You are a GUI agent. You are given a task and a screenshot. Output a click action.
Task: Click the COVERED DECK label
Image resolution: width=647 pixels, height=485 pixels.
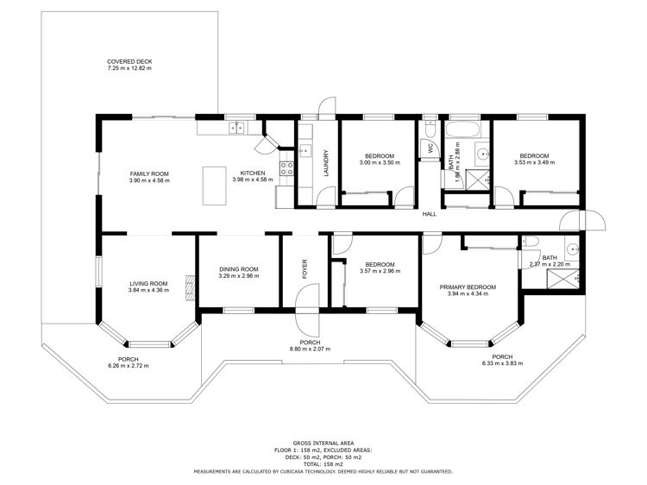[x=129, y=61]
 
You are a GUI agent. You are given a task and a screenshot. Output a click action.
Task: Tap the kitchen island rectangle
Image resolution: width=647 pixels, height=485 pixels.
[x=214, y=186]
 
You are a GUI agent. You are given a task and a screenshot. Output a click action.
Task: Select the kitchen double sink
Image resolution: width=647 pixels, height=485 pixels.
[x=237, y=128]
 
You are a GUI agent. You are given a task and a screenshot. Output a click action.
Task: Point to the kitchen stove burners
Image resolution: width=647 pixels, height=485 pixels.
[x=286, y=168]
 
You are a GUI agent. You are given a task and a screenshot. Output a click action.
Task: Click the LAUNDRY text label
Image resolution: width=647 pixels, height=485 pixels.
[x=326, y=163]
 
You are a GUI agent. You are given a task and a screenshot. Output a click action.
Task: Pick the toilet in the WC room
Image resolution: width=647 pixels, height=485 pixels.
[x=430, y=129]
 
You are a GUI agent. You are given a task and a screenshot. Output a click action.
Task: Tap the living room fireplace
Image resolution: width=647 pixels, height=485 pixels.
[x=190, y=287]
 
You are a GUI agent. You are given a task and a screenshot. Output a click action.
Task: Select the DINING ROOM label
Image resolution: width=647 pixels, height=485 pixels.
[x=239, y=269]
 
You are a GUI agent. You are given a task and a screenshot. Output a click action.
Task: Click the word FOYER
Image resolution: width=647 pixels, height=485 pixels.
[x=305, y=268]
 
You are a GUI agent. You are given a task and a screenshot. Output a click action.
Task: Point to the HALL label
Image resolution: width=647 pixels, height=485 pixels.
[x=429, y=214]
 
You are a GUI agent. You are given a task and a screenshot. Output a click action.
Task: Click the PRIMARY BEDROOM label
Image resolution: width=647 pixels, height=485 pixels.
[x=468, y=287]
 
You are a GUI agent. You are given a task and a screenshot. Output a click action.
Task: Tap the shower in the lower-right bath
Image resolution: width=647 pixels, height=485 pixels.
[x=562, y=278]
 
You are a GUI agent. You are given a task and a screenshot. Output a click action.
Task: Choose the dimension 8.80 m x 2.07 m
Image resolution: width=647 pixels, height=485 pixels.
[x=310, y=350]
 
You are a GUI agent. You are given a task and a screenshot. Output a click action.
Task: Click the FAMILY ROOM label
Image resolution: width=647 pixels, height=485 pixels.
[x=149, y=173]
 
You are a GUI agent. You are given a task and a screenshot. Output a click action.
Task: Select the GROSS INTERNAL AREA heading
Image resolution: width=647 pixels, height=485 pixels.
[x=323, y=444]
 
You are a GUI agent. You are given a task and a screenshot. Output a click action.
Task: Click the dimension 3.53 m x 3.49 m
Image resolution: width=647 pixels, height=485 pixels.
[x=534, y=162]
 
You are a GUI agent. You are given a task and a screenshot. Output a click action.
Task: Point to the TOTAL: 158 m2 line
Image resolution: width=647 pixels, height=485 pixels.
[x=323, y=464]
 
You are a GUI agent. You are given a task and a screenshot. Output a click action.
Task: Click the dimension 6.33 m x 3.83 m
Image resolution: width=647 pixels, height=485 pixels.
[x=502, y=363]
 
